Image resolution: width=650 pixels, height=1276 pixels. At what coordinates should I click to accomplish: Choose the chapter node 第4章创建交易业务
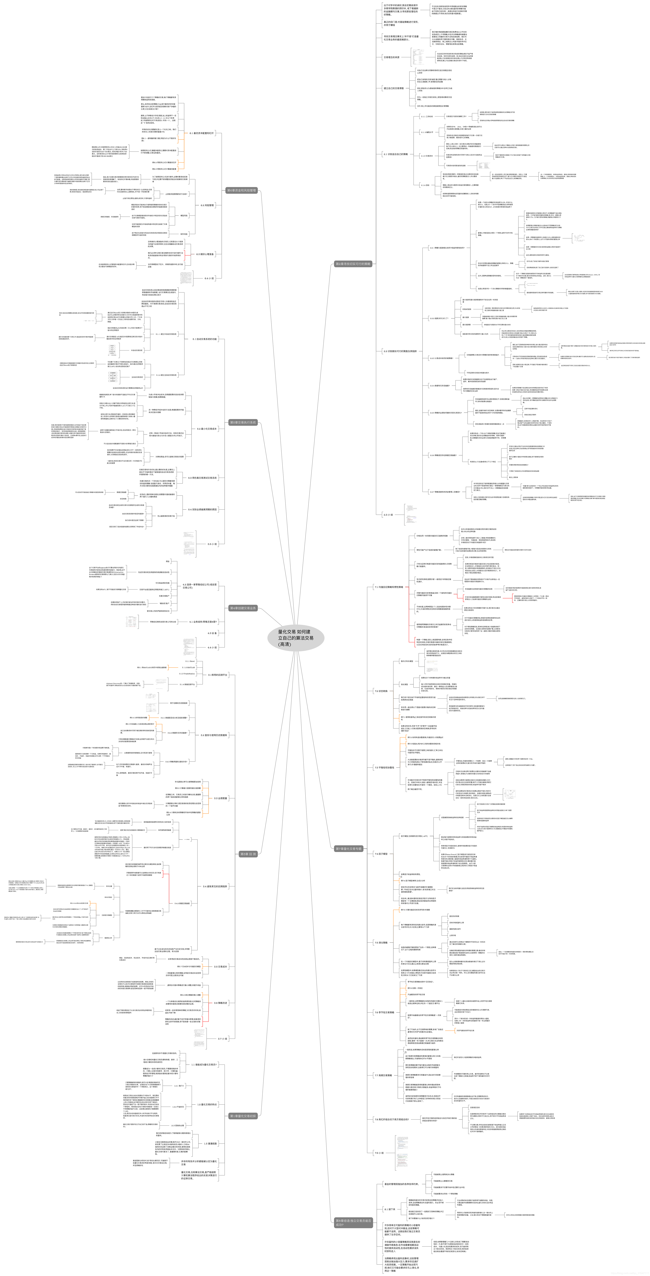pyautogui.click(x=243, y=608)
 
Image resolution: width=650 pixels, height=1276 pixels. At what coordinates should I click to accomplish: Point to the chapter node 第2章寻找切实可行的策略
pyautogui.click(x=353, y=264)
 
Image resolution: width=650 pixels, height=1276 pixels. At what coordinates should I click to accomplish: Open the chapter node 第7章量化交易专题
pyautogui.click(x=349, y=849)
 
